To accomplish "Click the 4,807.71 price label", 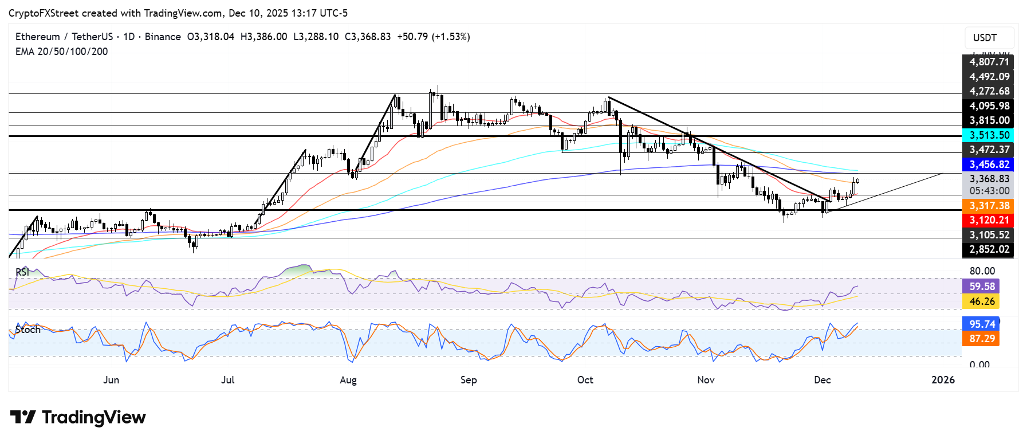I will click(989, 62).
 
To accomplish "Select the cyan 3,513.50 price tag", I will click(989, 135).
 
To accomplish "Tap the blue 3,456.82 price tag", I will click(989, 164).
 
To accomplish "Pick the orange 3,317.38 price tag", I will click(989, 206).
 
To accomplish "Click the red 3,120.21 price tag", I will click(989, 220).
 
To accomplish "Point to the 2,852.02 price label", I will click(989, 249).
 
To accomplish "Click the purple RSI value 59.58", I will click(982, 286).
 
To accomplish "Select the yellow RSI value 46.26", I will click(982, 301).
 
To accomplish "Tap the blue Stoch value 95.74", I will click(982, 324).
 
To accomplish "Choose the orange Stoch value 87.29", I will click(982, 339).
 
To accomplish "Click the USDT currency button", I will click(985, 38).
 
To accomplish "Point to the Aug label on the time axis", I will click(348, 380).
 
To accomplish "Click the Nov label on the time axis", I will click(706, 380).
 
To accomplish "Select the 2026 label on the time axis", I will click(943, 380).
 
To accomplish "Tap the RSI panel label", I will click(22, 272).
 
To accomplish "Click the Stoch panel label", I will click(28, 330).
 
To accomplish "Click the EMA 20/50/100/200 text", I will click(61, 52).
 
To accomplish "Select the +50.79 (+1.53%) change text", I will click(433, 37).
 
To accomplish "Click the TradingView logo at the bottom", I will click(78, 417).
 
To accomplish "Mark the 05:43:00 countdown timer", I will click(989, 191).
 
